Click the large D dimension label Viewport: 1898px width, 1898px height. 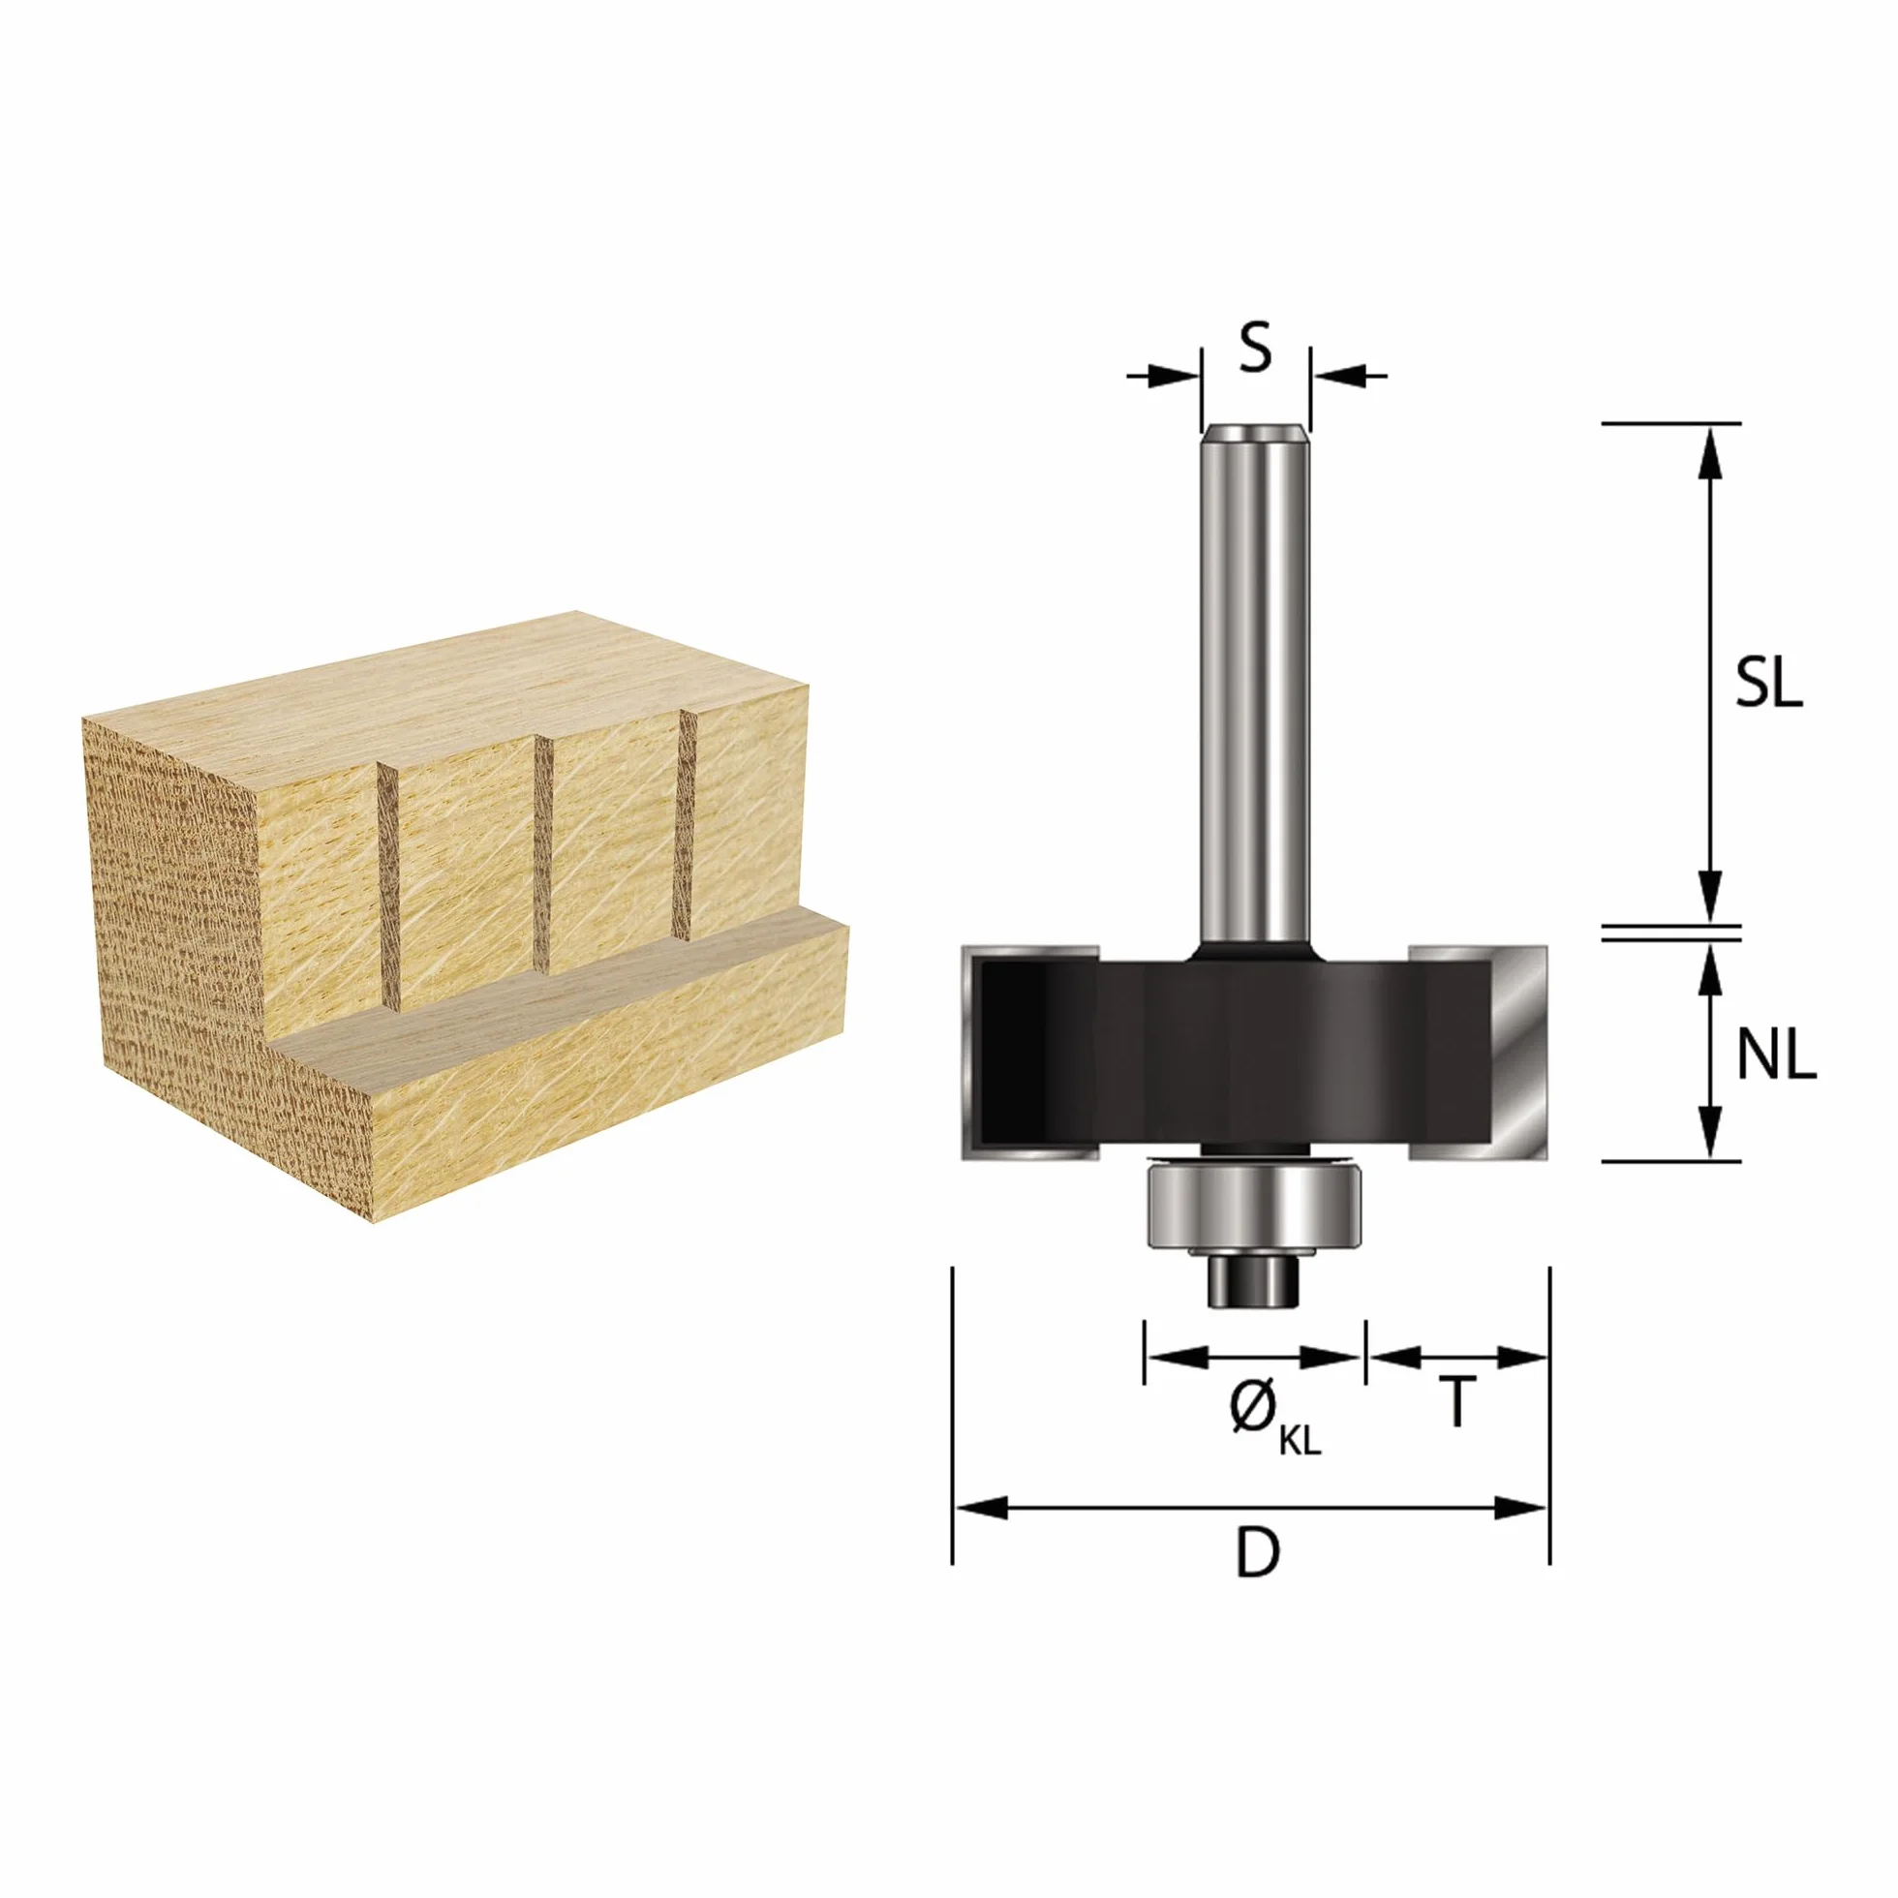coord(1258,1552)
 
